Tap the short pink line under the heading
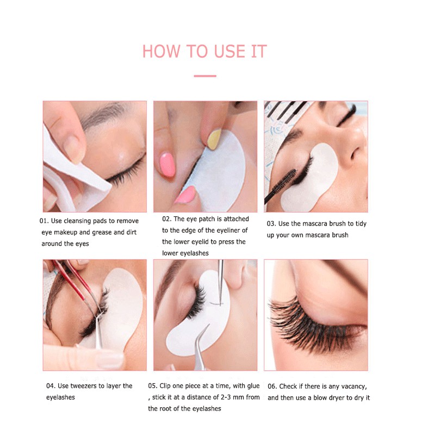tap(205, 76)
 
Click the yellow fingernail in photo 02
tap(214, 139)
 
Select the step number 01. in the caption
tap(44, 221)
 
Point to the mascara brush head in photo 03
tap(285, 182)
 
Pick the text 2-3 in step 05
tap(226, 397)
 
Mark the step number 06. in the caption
tap(272, 386)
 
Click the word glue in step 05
tap(253, 386)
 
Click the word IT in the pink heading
tap(259, 51)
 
